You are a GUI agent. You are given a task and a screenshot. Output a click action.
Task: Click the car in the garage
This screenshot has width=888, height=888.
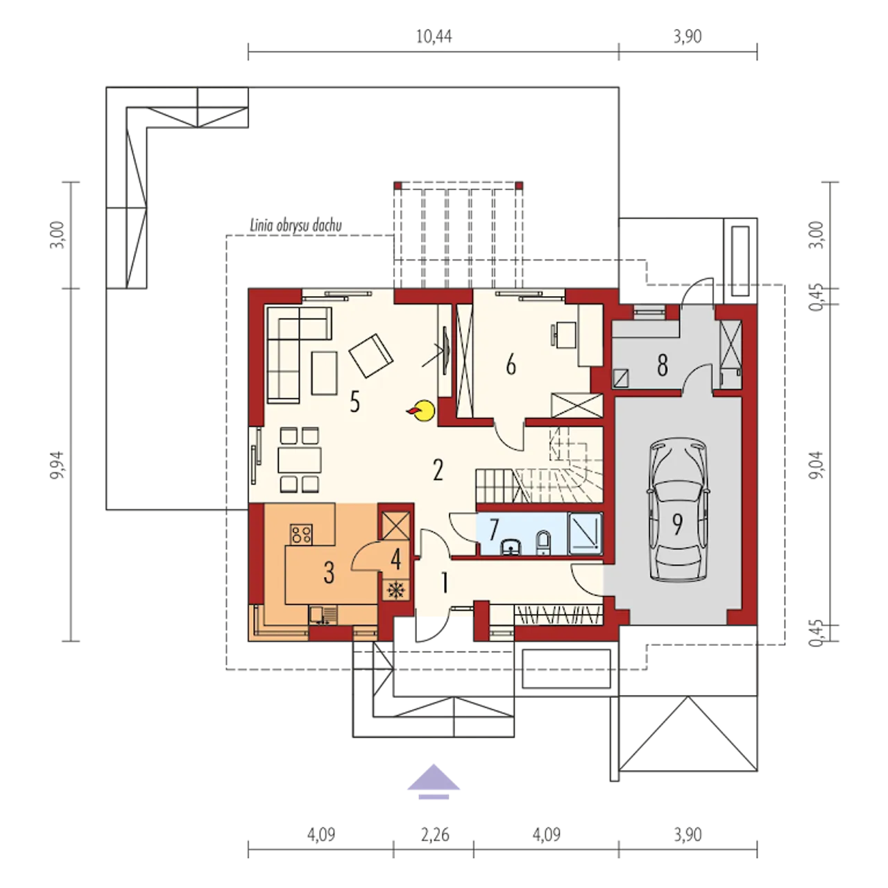point(677,510)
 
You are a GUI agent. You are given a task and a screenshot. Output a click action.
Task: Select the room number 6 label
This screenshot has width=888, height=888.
point(511,366)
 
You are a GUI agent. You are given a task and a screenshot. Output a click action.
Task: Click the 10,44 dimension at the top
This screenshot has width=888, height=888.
point(434,36)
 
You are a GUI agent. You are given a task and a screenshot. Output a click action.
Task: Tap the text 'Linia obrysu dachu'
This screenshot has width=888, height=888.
point(296,225)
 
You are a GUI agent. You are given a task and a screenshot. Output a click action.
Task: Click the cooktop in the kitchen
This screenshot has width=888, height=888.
point(301,534)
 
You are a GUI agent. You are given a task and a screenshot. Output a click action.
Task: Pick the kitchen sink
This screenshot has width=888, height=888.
point(323,615)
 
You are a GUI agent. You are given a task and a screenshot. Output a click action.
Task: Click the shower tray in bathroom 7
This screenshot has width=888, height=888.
point(586,533)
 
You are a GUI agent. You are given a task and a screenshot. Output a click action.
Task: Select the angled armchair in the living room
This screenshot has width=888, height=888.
point(371,356)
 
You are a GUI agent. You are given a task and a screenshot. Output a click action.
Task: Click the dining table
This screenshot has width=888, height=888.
point(299,459)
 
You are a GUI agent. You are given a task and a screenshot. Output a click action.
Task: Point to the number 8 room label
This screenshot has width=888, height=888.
point(663,366)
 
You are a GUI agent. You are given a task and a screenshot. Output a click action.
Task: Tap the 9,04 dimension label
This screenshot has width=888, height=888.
point(817,465)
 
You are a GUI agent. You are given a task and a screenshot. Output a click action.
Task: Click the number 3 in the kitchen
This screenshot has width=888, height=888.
point(329,573)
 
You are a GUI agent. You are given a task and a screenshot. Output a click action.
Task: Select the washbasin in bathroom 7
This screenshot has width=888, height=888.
point(511,546)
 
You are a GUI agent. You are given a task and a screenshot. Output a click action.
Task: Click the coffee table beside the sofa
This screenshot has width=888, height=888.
point(325,373)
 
